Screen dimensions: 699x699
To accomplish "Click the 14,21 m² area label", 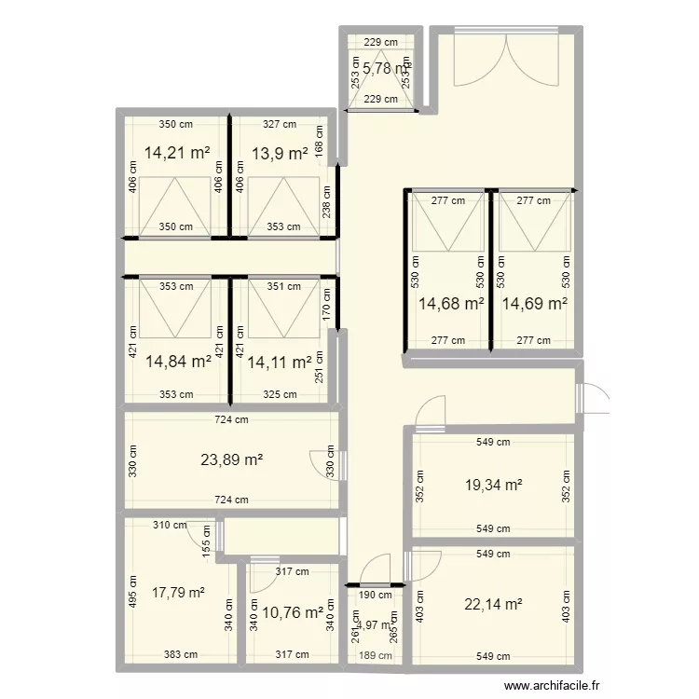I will tap(177, 153).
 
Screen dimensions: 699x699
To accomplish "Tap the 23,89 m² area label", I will tap(232, 459).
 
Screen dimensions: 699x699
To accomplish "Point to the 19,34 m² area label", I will tap(493, 485).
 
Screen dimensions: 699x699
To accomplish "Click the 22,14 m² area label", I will tap(493, 604).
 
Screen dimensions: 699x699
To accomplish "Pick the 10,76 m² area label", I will tap(292, 613).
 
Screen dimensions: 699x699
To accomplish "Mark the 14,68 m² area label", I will tap(451, 303).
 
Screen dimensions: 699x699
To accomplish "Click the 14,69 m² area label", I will tap(535, 303).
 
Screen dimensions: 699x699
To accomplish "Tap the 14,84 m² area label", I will tap(178, 363).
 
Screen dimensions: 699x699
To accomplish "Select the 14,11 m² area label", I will tap(279, 363).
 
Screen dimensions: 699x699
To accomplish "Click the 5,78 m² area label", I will tap(384, 68).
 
